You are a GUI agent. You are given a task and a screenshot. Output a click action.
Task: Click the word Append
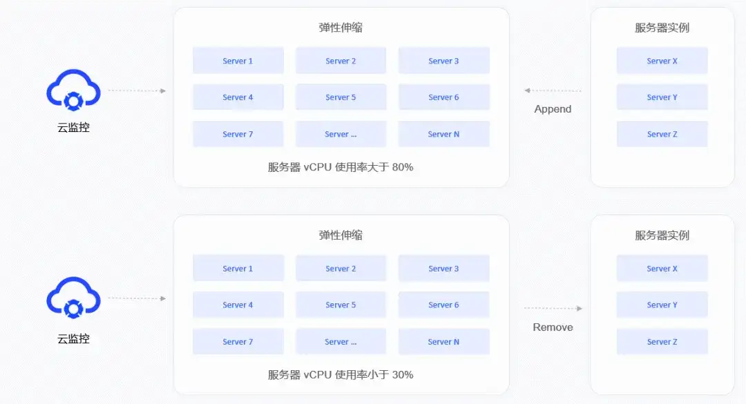tap(553, 109)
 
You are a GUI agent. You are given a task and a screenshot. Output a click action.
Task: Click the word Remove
tap(553, 327)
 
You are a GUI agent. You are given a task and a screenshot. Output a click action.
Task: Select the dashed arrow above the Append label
tap(553, 90)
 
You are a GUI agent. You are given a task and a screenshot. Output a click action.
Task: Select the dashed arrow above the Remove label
tap(553, 309)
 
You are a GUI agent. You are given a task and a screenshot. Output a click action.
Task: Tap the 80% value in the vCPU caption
tap(402, 166)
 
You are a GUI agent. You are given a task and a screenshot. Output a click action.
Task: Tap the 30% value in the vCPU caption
tap(402, 374)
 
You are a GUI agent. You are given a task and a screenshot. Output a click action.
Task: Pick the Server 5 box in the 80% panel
tap(341, 97)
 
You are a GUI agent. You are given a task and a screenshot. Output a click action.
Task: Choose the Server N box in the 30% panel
tap(443, 342)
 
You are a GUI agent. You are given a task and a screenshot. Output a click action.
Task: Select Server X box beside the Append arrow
tap(662, 61)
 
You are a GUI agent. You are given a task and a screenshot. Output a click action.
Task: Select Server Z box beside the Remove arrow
tap(662, 342)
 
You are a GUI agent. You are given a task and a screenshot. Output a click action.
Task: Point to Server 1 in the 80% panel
tap(238, 61)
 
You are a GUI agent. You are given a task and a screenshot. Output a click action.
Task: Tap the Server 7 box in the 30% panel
tap(238, 342)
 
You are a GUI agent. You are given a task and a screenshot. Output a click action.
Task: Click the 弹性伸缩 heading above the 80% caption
tap(341, 28)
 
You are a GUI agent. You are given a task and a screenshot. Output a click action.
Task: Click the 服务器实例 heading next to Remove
tap(662, 235)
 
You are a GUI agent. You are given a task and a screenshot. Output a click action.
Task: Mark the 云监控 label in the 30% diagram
tap(73, 339)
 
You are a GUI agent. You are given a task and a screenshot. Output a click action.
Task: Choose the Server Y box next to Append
tap(662, 97)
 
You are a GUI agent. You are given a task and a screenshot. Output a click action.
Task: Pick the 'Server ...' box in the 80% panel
tap(341, 134)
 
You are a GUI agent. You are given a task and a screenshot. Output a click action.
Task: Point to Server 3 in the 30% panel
tap(443, 269)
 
